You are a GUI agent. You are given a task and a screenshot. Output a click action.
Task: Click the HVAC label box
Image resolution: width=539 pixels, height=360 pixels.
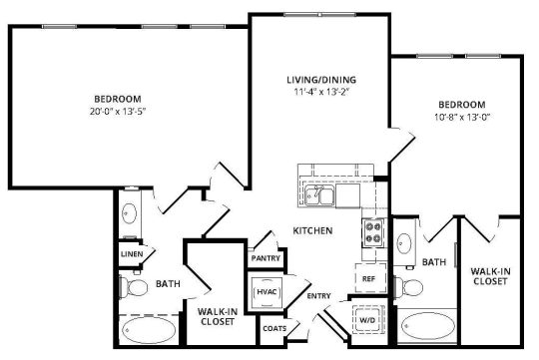point(267,292)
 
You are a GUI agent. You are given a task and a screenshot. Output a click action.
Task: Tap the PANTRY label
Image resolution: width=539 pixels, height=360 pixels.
point(266,258)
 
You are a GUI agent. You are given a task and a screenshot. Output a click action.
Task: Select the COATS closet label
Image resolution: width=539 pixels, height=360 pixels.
point(273,328)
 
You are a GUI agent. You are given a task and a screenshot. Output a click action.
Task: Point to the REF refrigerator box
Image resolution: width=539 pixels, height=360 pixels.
point(368,278)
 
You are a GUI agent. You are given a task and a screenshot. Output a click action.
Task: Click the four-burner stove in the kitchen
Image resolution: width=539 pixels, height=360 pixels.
point(372,232)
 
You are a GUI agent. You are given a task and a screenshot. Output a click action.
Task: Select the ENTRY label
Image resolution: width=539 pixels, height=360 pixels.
point(318,296)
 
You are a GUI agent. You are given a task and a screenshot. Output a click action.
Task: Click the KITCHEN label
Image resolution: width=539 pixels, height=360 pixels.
point(312,231)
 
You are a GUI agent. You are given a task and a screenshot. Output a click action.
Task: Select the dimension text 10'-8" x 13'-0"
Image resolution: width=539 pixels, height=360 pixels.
point(460,117)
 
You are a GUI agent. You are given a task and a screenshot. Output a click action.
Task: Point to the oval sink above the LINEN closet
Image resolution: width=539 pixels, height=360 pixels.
point(130,213)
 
